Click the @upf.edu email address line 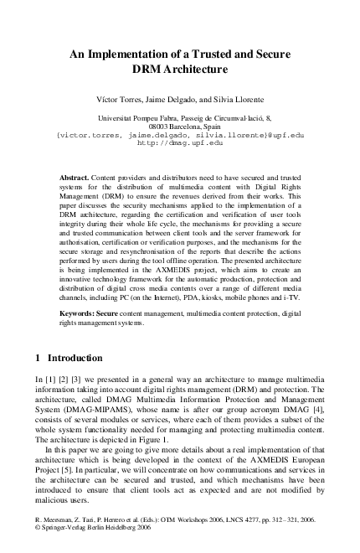(x=179, y=136)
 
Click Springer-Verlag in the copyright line (x=62, y=530)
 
